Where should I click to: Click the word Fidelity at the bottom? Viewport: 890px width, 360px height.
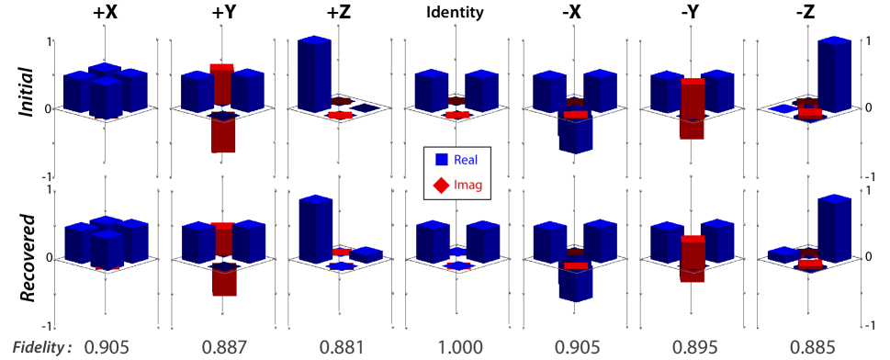42,347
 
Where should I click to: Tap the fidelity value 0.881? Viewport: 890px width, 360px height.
343,348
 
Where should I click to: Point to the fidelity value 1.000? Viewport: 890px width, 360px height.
457,348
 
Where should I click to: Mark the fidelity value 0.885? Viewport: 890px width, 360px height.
812,348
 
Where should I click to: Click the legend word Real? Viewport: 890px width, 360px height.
465,159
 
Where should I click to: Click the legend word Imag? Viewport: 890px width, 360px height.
466,186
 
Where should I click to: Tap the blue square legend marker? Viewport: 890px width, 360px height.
441,159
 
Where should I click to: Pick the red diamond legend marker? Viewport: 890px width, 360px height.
441,186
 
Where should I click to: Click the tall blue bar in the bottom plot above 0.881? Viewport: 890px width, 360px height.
315,230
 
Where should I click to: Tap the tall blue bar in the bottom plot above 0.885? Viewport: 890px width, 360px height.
833,230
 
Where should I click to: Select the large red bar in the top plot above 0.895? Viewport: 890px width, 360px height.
693,110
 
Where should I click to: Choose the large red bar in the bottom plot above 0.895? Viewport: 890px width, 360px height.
693,261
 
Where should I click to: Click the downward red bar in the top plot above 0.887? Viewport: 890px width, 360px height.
223,135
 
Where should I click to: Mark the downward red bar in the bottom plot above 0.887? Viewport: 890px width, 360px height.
223,283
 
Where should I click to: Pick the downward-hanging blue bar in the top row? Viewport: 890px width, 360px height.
575,136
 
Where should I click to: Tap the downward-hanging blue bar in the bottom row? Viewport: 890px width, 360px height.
575,286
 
